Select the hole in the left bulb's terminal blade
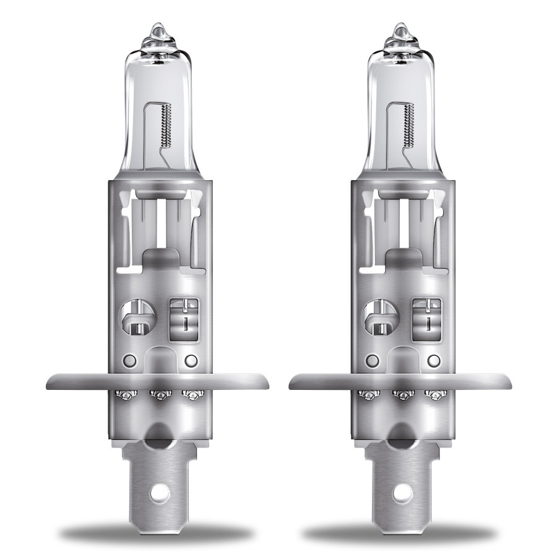pos(164,494)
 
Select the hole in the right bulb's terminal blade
pos(408,494)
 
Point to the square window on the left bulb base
pos(183,316)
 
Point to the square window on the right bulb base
pos(427,316)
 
